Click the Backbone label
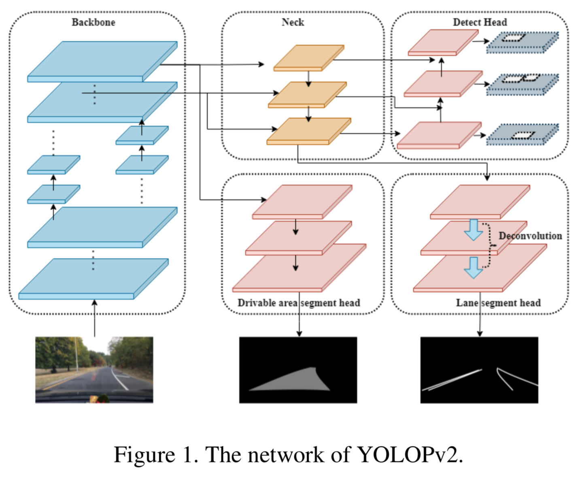93,22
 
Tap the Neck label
293,22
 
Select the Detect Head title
479,22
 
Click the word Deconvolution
530,236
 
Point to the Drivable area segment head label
298,303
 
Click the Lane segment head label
498,303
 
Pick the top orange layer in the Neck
309,57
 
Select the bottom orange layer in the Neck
309,131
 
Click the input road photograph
94,370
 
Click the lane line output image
479,370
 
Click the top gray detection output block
522,43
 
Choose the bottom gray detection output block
522,135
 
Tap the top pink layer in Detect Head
443,42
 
